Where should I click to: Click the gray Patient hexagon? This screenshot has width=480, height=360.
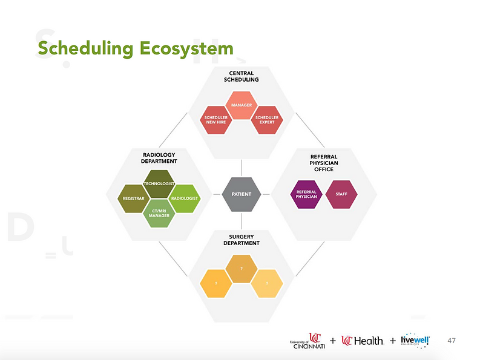242,194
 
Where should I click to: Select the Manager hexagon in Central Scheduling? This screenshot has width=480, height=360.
242,105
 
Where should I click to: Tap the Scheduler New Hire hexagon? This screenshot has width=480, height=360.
216,120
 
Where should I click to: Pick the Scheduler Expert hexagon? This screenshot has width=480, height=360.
267,120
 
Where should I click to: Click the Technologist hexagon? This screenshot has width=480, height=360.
159,184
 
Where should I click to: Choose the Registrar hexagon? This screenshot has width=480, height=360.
134,198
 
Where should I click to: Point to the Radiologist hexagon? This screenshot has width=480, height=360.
185,198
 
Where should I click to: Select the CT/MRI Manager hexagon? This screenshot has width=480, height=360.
159,214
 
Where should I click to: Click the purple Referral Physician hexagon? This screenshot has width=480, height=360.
306,194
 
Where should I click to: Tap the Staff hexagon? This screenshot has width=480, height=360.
341,194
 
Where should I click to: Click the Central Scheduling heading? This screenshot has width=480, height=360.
242,76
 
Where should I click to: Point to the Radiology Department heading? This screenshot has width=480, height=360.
159,158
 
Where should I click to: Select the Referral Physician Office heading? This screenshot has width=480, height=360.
324,163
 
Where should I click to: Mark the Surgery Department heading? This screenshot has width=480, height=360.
242,240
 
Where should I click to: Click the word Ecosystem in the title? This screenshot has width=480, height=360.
186,49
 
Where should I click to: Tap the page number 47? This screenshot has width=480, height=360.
451,341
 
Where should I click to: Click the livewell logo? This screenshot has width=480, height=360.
415,341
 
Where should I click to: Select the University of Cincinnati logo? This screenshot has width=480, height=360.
307,341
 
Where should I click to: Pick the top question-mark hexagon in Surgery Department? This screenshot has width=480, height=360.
242,269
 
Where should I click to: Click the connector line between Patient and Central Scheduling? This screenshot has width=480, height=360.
242,168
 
